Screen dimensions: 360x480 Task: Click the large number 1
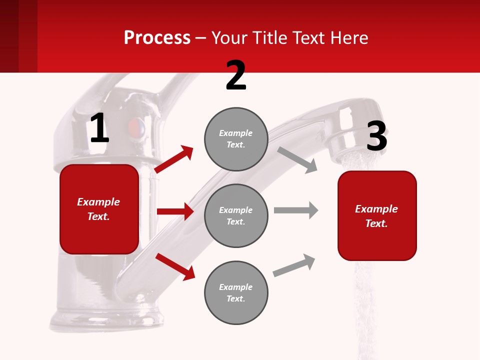coord(99,128)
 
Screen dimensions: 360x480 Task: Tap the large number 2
coord(236,75)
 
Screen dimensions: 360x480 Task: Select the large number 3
coord(376,136)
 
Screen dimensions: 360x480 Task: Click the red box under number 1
coord(99,209)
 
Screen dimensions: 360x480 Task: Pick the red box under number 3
coord(377,215)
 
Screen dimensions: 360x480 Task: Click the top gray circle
coord(236,139)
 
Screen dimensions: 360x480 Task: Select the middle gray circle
coord(236,215)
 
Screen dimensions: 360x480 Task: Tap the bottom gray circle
coord(236,292)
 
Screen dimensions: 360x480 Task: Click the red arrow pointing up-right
coord(174,159)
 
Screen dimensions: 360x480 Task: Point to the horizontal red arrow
coord(175,211)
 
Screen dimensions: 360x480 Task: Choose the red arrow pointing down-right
coord(175,266)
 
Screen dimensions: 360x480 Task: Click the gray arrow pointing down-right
coord(297,159)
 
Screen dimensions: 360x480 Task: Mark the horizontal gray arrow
coord(296,210)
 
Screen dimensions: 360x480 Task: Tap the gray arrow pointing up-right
coord(294,265)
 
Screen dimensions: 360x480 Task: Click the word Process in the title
coord(157,37)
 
